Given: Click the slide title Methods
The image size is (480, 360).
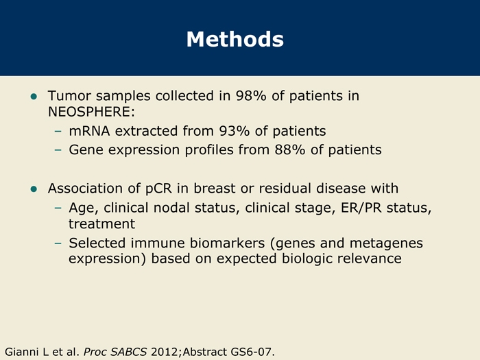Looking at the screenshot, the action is pyautogui.click(x=235, y=39).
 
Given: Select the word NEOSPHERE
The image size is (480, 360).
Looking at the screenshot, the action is pyautogui.click(x=88, y=112).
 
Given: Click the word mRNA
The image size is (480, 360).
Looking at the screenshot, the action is pyautogui.click(x=89, y=131).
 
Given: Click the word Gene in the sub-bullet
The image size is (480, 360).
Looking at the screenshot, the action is pyautogui.click(x=86, y=150).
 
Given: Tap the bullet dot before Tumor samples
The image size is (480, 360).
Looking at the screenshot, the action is pyautogui.click(x=34, y=97).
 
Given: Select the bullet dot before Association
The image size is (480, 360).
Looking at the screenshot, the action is pyautogui.click(x=34, y=189).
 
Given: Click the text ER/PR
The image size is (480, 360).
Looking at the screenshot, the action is pyautogui.click(x=361, y=208).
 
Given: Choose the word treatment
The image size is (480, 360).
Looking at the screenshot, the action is pyautogui.click(x=101, y=224).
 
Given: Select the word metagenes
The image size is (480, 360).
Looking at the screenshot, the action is pyautogui.click(x=386, y=243).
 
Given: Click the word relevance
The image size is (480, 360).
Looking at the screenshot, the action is pyautogui.click(x=370, y=259).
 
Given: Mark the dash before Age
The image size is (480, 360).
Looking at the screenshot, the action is pyautogui.click(x=58, y=208).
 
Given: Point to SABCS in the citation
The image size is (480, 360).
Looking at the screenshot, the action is pyautogui.click(x=129, y=352).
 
